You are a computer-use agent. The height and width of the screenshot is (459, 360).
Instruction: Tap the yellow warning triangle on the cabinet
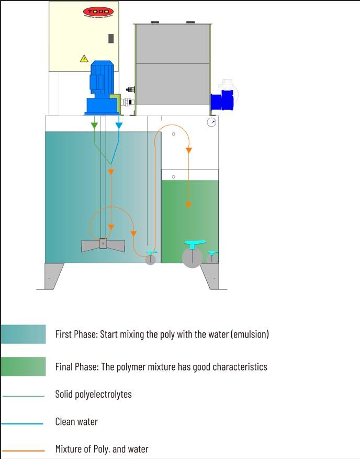84,59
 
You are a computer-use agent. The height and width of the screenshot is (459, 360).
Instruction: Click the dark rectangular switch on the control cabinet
111,38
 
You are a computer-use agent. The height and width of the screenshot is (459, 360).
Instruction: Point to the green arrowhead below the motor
94,126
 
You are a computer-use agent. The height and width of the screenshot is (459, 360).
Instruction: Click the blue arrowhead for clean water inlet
119,126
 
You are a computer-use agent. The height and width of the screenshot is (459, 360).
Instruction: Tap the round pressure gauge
211,122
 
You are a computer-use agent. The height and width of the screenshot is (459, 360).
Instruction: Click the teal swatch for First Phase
23,334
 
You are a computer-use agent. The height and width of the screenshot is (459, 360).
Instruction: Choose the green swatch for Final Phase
23,366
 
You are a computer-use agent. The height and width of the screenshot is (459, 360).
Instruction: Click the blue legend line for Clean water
23,423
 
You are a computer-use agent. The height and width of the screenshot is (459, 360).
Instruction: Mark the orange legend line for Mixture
23,450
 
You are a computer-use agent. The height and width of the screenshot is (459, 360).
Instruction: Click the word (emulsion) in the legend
250,334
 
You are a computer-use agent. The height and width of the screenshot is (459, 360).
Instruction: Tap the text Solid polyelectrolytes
93,394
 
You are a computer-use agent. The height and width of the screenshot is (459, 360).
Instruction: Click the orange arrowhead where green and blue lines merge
110,171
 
